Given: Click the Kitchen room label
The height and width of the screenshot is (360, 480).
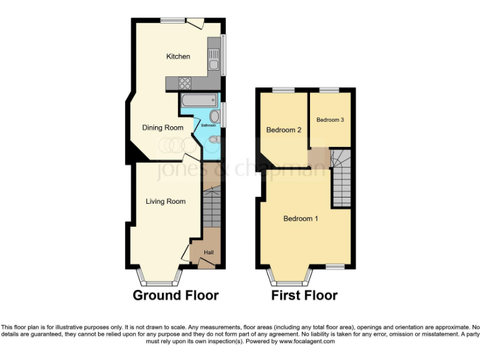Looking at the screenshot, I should point(177,57).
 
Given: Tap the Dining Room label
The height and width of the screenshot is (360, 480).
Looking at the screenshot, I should point(162,128).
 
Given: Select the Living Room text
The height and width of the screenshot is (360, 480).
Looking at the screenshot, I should point(166,201).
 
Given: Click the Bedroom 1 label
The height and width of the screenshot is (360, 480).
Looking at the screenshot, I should point(301,219).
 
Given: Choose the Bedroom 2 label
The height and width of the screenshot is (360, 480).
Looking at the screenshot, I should point(284,130).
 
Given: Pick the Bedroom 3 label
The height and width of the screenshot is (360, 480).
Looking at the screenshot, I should point(330,120).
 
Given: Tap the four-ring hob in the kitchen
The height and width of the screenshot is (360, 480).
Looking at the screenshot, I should point(186,82).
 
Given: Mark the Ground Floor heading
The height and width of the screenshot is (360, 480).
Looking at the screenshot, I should point(176,295).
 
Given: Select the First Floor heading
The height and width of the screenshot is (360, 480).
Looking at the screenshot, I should point(304,295).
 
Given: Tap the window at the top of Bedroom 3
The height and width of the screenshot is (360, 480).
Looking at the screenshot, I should point(329,91).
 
